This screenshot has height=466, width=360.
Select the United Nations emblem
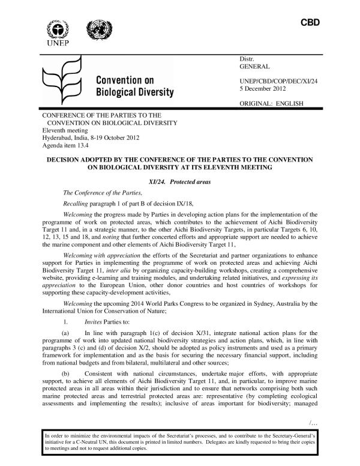click(95, 29)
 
